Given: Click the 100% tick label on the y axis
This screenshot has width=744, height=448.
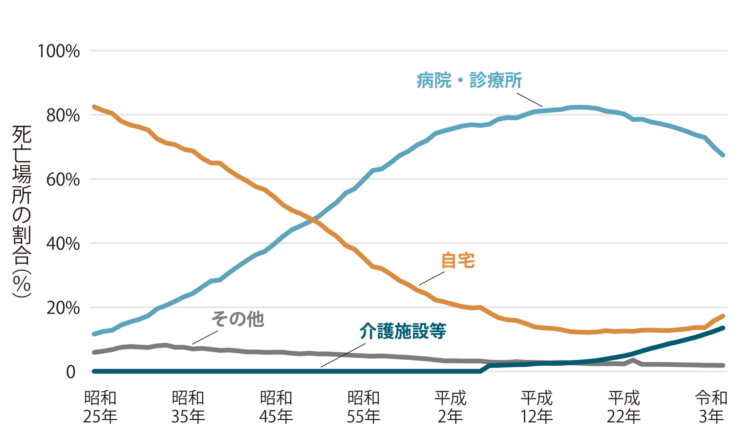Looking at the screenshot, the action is (58, 51).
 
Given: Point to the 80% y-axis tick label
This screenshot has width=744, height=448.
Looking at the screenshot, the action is (63, 115).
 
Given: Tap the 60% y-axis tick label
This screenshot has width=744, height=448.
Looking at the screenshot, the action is (63, 180).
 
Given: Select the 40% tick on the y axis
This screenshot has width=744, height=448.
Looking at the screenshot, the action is (63, 244).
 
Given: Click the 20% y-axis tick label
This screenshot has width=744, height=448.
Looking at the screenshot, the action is (63, 308).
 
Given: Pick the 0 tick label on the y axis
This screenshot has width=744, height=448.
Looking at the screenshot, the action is (71, 372).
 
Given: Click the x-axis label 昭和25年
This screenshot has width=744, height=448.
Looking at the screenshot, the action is (100, 407).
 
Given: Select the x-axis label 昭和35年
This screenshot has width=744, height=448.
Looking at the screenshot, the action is (188, 407).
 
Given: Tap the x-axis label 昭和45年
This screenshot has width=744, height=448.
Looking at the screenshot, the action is (276, 407).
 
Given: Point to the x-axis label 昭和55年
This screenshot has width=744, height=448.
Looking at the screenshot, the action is (364, 407).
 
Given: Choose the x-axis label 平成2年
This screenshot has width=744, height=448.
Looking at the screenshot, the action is (450, 407).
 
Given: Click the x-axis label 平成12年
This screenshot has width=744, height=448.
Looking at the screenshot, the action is (537, 407).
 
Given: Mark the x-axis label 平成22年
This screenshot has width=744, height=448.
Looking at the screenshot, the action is (624, 407).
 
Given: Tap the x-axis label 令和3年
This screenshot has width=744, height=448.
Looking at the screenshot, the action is (711, 407).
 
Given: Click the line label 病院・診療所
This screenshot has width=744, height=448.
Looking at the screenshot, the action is (469, 80).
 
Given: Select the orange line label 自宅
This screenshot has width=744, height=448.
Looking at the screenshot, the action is (458, 260).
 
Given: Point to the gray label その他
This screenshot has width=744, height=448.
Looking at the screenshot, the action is (237, 319).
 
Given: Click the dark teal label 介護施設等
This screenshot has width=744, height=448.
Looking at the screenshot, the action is (403, 331).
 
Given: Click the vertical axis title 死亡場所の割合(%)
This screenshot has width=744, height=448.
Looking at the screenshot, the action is (22, 212).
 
